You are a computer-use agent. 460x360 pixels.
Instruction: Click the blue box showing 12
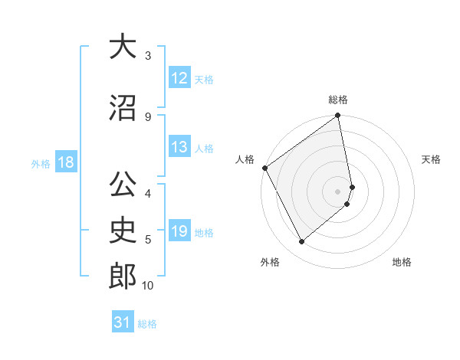pyautogui.click(x=179, y=78)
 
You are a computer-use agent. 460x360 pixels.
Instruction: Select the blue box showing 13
pyautogui.click(x=179, y=147)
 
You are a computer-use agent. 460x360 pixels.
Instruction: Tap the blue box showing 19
pyautogui.click(x=179, y=231)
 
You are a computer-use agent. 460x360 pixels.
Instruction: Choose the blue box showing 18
pyautogui.click(x=65, y=162)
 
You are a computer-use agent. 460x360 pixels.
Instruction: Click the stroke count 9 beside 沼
pyautogui.click(x=147, y=116)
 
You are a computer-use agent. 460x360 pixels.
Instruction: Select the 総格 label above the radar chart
pyautogui.click(x=338, y=100)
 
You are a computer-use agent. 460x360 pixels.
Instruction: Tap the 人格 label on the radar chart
pyautogui.click(x=245, y=159)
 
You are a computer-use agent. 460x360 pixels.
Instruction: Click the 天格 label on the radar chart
pyautogui.click(x=431, y=159)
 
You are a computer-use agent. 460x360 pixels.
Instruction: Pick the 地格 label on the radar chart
pyautogui.click(x=402, y=262)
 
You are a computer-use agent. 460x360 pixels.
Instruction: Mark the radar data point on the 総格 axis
pyautogui.click(x=338, y=116)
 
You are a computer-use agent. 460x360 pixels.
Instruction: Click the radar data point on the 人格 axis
pyautogui.click(x=264, y=168)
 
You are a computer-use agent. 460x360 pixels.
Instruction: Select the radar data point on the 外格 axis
pyautogui.click(x=301, y=242)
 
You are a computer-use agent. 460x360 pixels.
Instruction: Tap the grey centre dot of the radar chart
pyautogui.click(x=338, y=191)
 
